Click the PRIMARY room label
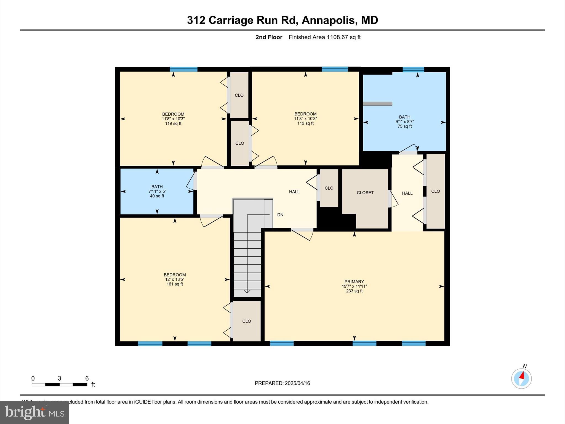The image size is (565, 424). [354, 282]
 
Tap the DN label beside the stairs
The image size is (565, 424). [280, 215]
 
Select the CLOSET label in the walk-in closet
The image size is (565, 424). [365, 193]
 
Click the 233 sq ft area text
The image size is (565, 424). [354, 291]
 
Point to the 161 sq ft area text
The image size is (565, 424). [175, 284]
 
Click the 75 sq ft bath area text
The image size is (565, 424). [404, 126]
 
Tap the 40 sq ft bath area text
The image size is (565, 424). [157, 196]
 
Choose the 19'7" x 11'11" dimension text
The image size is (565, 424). [354, 286]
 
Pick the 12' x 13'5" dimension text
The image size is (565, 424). [175, 279]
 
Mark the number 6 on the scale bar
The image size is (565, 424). [87, 378]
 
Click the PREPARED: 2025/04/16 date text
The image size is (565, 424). [282, 383]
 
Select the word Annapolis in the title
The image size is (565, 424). [328, 20]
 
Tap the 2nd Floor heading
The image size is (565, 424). [269, 37]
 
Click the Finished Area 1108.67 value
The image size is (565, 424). [324, 37]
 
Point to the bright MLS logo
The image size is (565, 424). [34, 412]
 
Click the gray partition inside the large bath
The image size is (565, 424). [377, 104]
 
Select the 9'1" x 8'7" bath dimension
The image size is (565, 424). [404, 122]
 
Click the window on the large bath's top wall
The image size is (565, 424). [413, 69]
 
